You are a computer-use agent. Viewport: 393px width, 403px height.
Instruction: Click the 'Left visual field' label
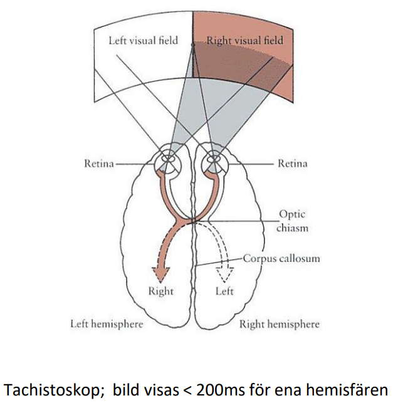143,41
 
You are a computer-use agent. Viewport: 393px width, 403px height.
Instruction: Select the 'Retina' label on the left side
99,164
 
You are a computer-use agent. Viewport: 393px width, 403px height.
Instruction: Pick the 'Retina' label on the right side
293,164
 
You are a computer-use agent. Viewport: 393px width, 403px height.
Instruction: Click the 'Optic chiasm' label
293,221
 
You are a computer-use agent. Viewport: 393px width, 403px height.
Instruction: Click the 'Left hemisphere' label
106,324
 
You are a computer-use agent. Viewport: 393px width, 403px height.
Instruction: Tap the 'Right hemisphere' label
280,324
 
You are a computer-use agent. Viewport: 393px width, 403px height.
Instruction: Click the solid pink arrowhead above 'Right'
161,274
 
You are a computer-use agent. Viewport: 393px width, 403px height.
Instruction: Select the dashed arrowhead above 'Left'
224,274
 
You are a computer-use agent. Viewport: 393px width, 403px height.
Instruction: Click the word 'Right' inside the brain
161,291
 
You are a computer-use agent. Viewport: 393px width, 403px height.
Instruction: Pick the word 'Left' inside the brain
224,291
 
